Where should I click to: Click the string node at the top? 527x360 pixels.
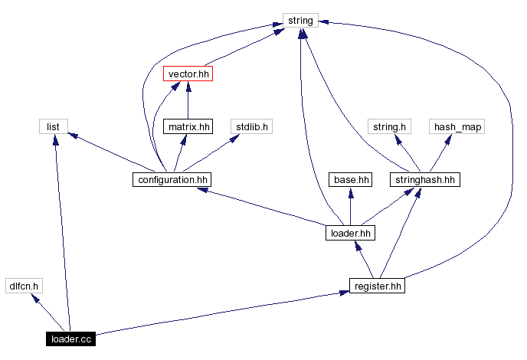click(x=300, y=21)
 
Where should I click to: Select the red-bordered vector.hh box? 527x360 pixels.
click(x=188, y=74)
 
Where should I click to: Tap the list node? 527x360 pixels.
click(x=53, y=126)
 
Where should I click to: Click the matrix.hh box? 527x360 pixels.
click(x=188, y=126)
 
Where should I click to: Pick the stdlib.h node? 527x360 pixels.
click(x=251, y=126)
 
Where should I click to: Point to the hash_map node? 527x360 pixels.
click(x=458, y=126)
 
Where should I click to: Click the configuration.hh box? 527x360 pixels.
click(x=171, y=180)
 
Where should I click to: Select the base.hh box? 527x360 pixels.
click(x=351, y=180)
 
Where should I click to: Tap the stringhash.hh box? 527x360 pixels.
click(x=424, y=180)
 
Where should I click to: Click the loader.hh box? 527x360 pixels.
click(x=350, y=233)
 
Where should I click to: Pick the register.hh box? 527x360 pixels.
click(x=377, y=286)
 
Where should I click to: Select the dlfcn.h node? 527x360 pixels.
click(x=23, y=286)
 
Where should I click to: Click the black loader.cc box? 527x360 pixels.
click(x=70, y=339)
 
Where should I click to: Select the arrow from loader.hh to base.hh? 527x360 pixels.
click(x=351, y=207)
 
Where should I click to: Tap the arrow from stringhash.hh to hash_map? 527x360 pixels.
click(x=440, y=154)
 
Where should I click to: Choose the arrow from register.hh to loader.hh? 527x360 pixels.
click(x=365, y=260)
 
